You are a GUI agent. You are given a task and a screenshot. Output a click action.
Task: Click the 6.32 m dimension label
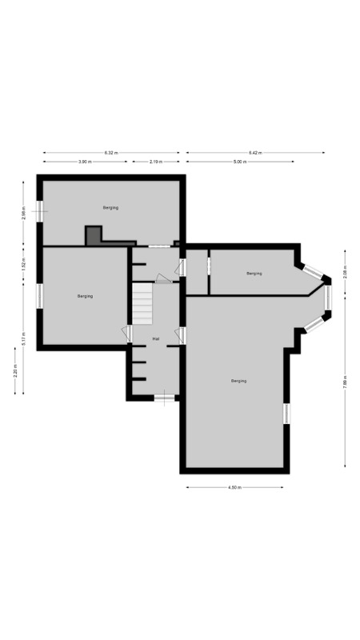coord(110,153)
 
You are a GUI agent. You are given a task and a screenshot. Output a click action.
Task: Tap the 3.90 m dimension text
coord(84,162)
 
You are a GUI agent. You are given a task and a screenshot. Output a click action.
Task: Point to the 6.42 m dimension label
coord(255,153)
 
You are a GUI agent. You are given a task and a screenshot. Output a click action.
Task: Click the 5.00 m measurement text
coord(240,162)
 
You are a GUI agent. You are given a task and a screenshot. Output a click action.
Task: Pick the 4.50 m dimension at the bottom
coord(234,487)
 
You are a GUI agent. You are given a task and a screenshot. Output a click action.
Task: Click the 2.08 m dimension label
coord(345,273)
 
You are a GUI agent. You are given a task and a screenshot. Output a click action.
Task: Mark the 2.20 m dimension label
coord(15,374)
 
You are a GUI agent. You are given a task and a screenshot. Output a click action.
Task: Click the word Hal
coord(156,339)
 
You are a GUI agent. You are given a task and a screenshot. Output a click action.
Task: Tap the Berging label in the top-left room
coord(110,207)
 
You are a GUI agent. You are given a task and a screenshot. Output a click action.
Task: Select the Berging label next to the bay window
coord(254,274)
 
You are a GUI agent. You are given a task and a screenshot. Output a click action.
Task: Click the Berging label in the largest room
coord(238,381)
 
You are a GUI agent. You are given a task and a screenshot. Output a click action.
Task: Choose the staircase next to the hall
coord(142,305)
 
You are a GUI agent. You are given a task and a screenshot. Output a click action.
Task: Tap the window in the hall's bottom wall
coord(164,398)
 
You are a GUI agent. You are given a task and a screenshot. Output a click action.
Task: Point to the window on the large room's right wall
coord(285,413)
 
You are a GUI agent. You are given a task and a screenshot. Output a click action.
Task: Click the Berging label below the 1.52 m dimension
coord(85,296)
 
